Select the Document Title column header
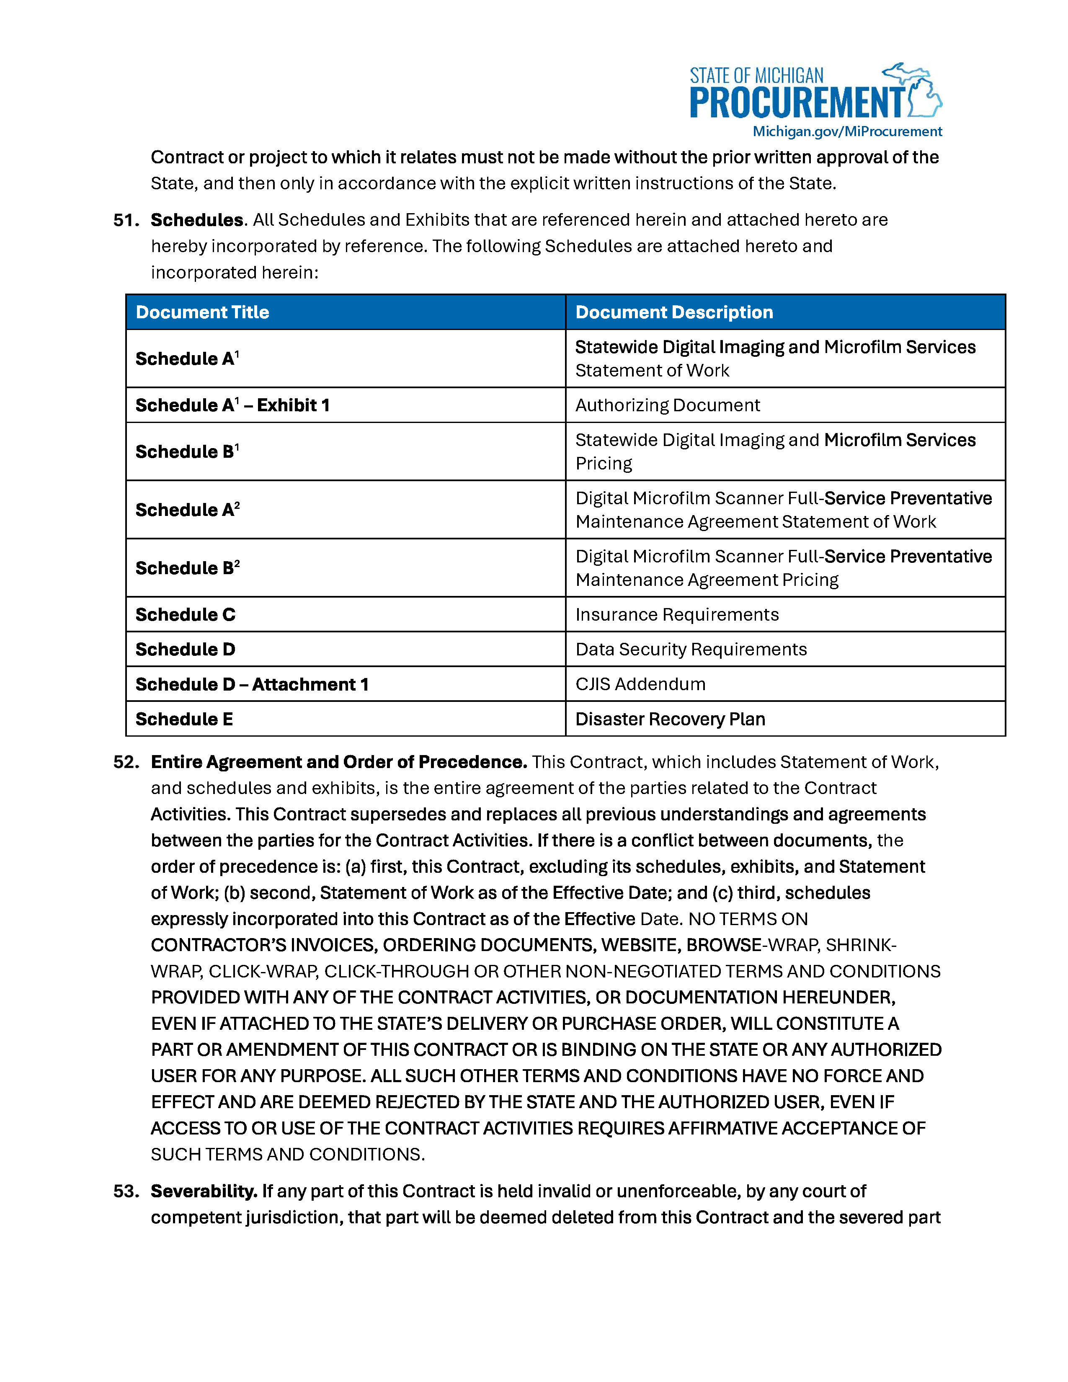[202, 312]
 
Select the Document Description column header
[674, 312]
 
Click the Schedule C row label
[186, 614]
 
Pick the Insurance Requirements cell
[677, 614]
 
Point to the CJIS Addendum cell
[640, 684]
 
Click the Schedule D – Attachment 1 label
[252, 684]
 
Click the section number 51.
[126, 220]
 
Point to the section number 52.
[126, 762]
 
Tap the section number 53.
[126, 1191]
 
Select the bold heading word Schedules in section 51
[197, 220]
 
